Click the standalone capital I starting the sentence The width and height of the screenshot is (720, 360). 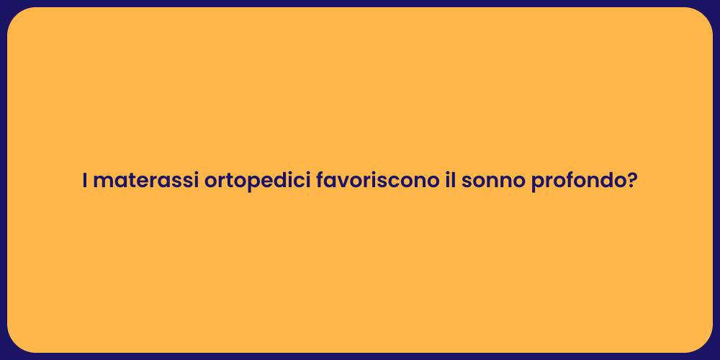tap(85, 181)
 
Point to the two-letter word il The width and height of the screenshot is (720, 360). tap(449, 181)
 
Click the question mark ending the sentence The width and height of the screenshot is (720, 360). tap(632, 181)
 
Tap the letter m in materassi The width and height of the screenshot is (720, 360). tap(102, 183)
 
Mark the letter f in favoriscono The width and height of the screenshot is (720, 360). tap(320, 181)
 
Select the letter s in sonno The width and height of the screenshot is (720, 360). tap(467, 183)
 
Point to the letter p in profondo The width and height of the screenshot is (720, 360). tap(537, 184)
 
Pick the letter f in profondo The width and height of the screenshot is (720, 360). tap(565, 181)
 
